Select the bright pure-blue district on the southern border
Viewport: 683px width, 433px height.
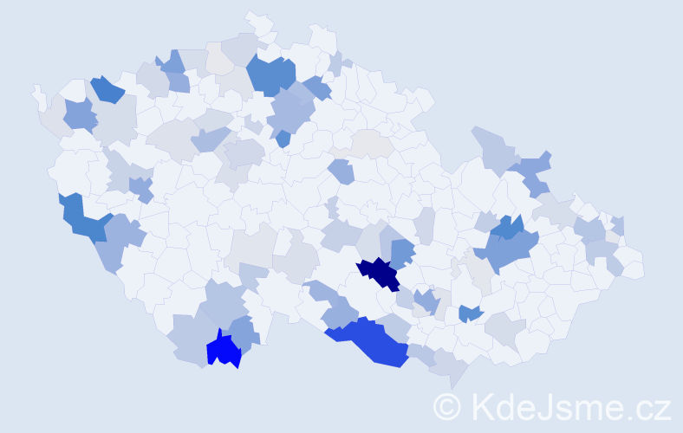click(x=224, y=351)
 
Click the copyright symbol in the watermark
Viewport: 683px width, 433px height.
click(x=448, y=406)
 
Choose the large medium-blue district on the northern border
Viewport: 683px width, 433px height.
click(x=272, y=74)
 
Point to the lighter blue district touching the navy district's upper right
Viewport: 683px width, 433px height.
click(x=402, y=254)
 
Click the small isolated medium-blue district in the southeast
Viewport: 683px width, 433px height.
click(x=470, y=313)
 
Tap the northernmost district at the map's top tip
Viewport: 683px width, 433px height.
click(x=258, y=21)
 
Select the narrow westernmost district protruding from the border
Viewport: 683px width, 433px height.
click(x=37, y=94)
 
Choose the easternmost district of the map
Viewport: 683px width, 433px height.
click(x=633, y=266)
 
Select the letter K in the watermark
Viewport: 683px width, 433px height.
click(x=482, y=406)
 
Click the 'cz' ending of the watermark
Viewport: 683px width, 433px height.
click(x=654, y=406)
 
